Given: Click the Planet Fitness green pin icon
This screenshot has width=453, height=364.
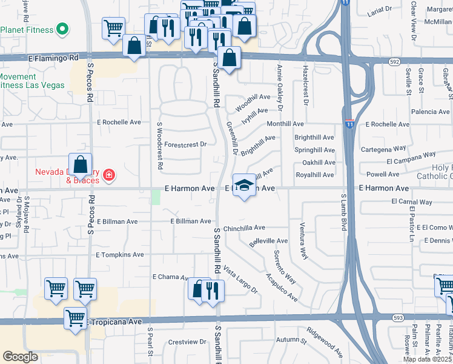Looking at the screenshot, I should tap(62, 29).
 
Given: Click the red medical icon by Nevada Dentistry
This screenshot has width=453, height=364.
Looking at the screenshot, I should tap(109, 176).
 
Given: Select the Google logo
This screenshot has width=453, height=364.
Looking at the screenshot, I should tap(20, 357).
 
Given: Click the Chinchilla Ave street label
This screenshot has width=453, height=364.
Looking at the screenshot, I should tap(244, 227).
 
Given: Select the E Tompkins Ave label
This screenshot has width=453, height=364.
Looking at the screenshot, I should tap(120, 255).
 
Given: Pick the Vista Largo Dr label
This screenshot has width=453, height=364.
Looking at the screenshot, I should tap(240, 280).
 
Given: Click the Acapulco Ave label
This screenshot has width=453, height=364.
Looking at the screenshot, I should tap(281, 288).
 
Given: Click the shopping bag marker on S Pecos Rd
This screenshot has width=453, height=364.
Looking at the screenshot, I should tap(81, 164).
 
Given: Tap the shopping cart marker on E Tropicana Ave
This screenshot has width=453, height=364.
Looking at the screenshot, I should tap(76, 318).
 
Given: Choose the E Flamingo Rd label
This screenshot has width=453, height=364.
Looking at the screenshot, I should tap(53, 58).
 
